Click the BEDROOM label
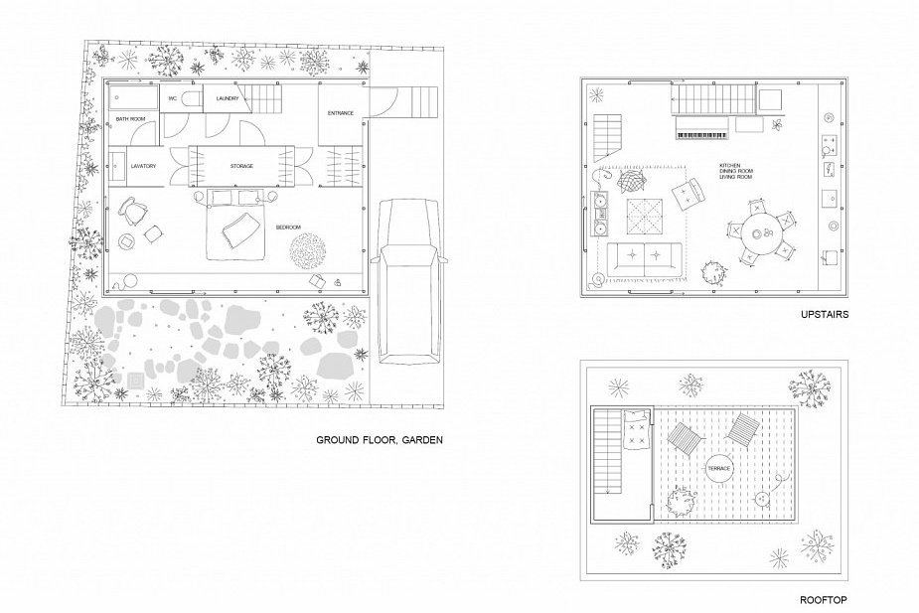pos(289,228)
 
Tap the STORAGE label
pos(241,167)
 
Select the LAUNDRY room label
pos(228,98)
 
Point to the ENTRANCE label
pos(341,113)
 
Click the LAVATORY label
pos(144,167)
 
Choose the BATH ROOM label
pos(130,119)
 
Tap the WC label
pos(172,98)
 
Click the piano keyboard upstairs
pos(702,135)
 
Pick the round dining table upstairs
pos(760,232)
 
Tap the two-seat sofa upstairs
pos(644,259)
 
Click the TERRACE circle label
pos(719,469)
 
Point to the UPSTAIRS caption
pos(825,315)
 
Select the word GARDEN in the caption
pos(421,439)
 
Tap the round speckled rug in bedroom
pos(307,251)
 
